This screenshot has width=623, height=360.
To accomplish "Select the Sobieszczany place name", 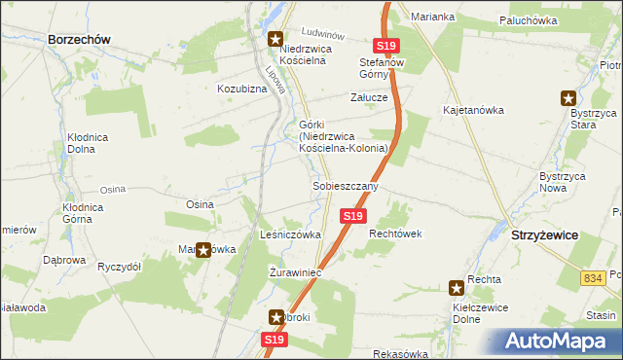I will [x=345, y=185].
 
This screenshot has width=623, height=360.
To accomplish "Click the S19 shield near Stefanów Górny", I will [x=385, y=46].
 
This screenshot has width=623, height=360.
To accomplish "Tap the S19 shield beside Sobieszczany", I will [x=352, y=215].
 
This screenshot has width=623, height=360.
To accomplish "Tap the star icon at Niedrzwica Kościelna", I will [x=275, y=40].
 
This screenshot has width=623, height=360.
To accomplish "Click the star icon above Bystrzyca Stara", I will [x=568, y=97].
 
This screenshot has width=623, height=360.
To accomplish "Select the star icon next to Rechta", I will [x=456, y=288].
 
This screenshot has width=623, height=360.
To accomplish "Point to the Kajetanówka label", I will [x=473, y=110].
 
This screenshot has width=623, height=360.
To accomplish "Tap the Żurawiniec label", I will [x=295, y=272].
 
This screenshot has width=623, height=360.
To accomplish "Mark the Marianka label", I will [x=432, y=17].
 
